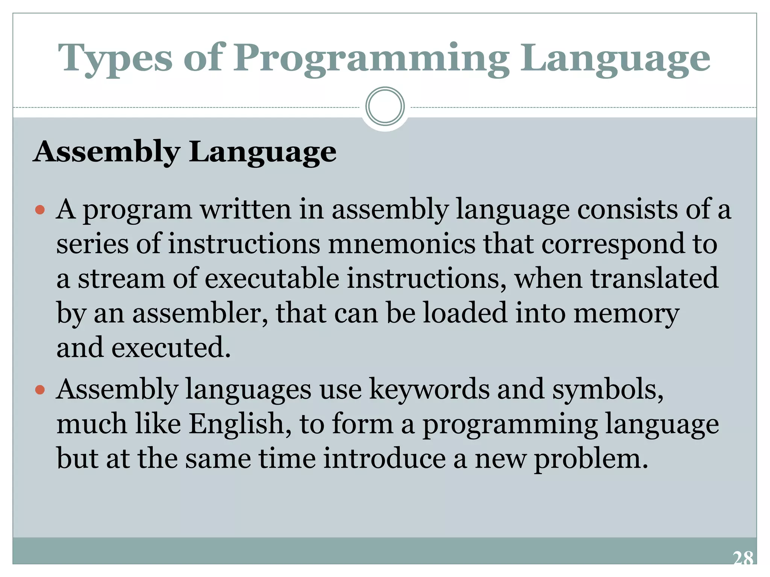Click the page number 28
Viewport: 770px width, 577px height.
pyautogui.click(x=743, y=559)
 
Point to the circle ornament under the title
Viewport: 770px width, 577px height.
pyautogui.click(x=385, y=106)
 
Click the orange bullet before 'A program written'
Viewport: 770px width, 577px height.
pyautogui.click(x=40, y=209)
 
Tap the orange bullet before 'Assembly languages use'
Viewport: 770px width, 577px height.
pyautogui.click(x=40, y=390)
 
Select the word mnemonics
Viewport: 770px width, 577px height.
pyautogui.click(x=402, y=244)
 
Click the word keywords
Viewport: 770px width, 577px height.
pyautogui.click(x=429, y=389)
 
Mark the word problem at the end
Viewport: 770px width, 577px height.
pyautogui.click(x=591, y=459)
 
